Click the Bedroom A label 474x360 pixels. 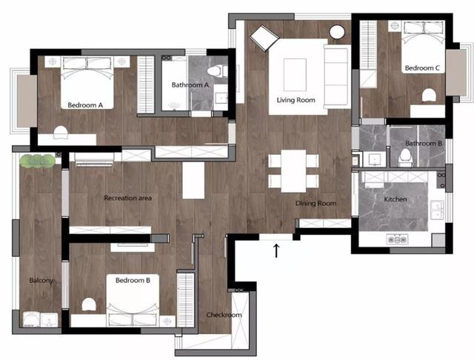[x=85, y=105]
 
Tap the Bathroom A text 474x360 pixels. [x=190, y=85]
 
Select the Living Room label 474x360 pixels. [x=296, y=100]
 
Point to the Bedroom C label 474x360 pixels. [x=422, y=68]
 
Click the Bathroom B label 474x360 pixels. [x=424, y=143]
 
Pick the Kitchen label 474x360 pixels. [x=395, y=199]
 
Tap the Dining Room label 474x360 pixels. [x=316, y=204]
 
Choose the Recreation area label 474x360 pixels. [x=128, y=199]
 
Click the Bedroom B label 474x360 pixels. [x=133, y=281]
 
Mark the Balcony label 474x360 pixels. [x=41, y=281]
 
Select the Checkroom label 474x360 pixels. [x=224, y=315]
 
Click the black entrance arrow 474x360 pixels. [x=276, y=251]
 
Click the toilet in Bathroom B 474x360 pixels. [x=404, y=157]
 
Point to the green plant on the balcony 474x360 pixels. [x=37, y=161]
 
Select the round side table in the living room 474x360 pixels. [x=337, y=32]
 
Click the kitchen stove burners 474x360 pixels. [x=397, y=240]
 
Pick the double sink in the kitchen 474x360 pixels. [x=437, y=210]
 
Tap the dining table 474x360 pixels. [x=293, y=171]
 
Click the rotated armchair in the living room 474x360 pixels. [x=264, y=38]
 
